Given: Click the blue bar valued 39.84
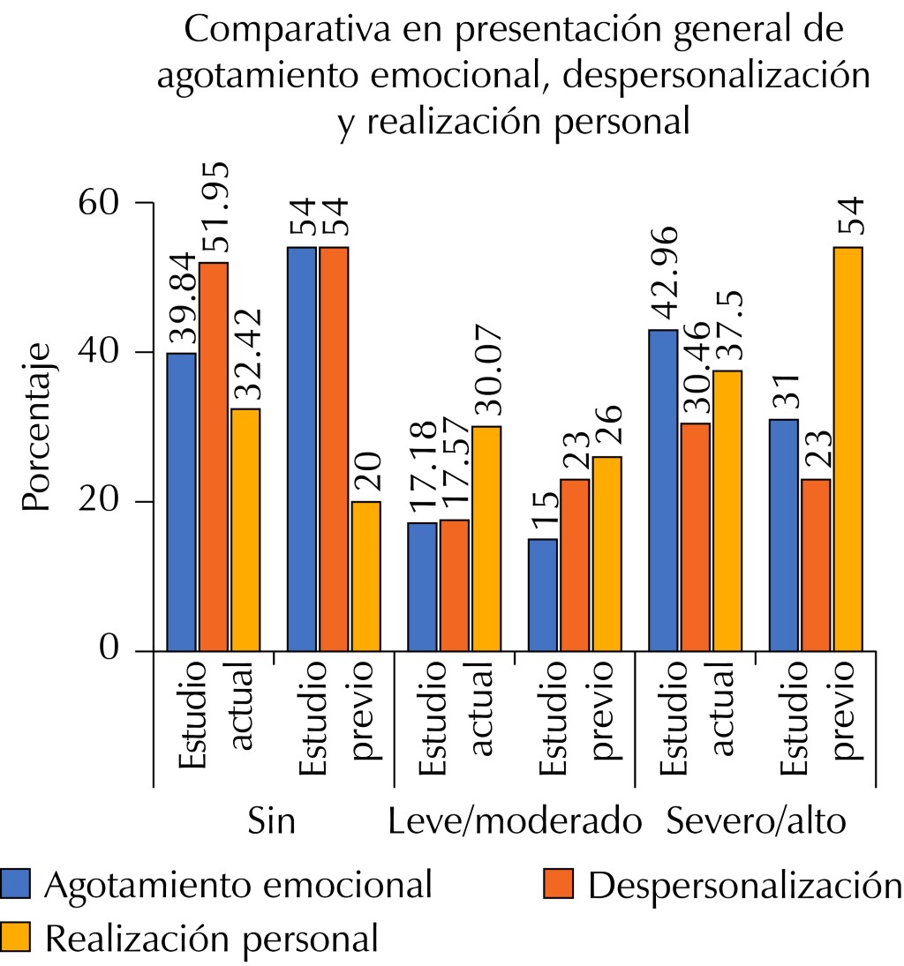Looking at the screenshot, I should click(x=181, y=502).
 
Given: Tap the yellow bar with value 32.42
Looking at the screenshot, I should click(x=245, y=529).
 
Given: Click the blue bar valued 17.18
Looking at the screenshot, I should click(x=422, y=587).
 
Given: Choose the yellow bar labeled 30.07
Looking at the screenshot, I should click(x=486, y=538).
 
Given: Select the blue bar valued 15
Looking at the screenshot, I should click(x=542, y=595).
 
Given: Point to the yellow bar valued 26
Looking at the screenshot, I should click(x=606, y=553).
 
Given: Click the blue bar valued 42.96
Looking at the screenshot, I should click(x=663, y=490).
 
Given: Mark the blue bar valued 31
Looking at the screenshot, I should click(x=783, y=535).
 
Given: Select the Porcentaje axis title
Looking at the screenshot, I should click(x=37, y=427).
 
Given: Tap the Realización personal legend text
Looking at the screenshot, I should click(x=212, y=937).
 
